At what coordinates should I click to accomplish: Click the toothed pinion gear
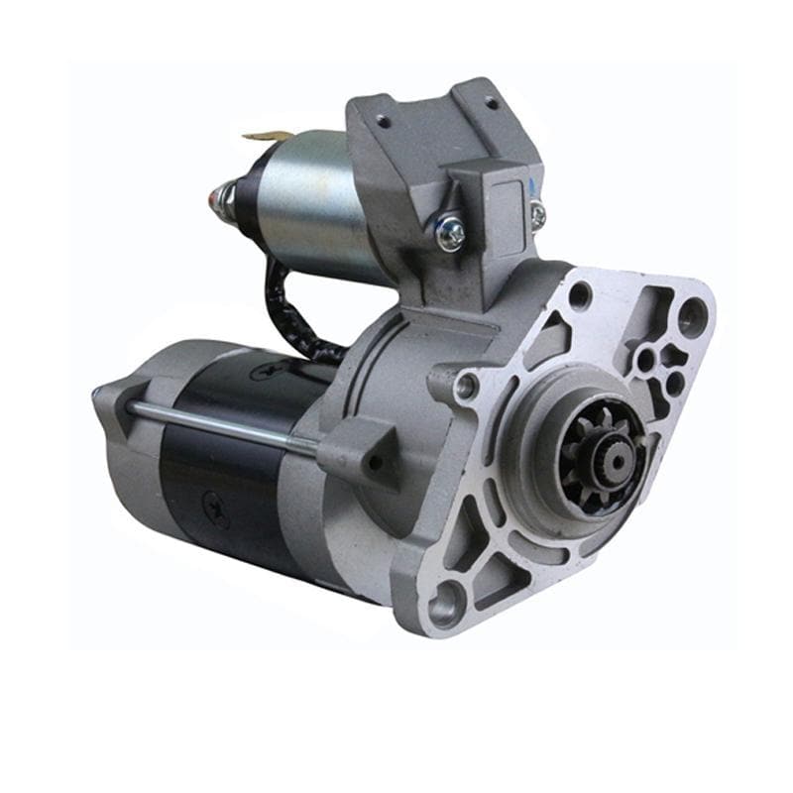tap(597, 457)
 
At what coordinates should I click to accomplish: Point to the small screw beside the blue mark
tap(537, 213)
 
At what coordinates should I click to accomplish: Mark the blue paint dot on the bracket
tap(532, 184)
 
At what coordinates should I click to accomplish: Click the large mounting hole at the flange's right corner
tap(691, 315)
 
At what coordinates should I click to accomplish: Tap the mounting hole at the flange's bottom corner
tap(446, 601)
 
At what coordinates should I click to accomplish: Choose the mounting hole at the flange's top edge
tap(580, 293)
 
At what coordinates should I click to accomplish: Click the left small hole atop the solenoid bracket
tap(383, 120)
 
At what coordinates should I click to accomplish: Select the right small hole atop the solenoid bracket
tap(492, 102)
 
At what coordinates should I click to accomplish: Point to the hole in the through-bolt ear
tap(374, 461)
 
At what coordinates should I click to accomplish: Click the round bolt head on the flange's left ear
tap(466, 386)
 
